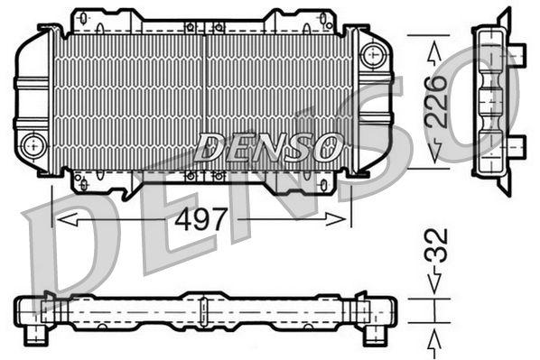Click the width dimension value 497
pos(201,220)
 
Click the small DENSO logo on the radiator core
pos(267,144)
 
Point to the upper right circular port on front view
pos(370,54)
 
